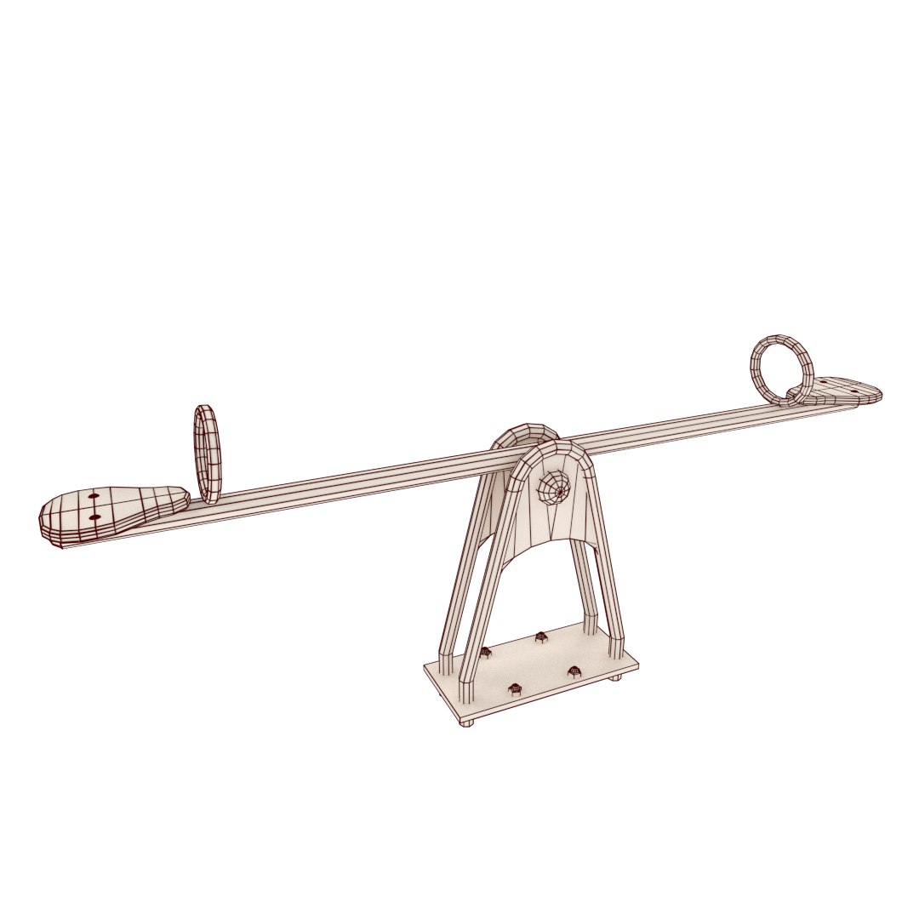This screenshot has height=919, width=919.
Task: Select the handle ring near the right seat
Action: pos(781,369)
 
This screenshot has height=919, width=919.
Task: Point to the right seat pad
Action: pos(842,391)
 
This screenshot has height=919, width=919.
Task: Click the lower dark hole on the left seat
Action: pos(94,517)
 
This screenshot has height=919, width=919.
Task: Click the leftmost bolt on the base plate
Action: pos(486,653)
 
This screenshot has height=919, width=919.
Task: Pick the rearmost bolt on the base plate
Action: pos(540,636)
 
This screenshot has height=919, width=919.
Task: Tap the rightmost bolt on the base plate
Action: pos(574,671)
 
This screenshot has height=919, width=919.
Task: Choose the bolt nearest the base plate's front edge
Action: pos(514,688)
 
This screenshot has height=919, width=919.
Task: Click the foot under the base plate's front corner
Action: pos(466,723)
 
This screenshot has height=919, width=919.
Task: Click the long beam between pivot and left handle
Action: pos(357,482)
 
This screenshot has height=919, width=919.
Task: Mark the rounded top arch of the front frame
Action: pos(558,451)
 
